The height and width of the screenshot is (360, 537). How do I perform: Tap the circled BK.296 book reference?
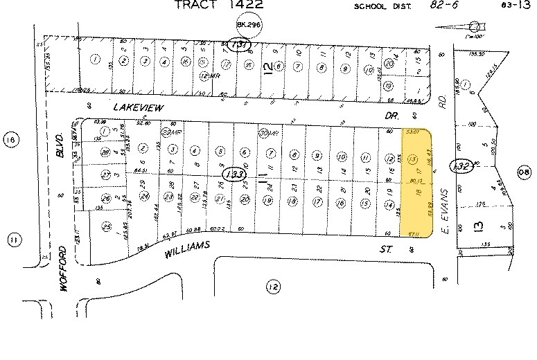[244, 24]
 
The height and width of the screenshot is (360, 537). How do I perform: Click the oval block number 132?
[461, 166]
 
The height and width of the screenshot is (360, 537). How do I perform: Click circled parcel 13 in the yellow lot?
[413, 159]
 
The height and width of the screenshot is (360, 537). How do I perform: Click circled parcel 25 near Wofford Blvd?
[106, 226]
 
